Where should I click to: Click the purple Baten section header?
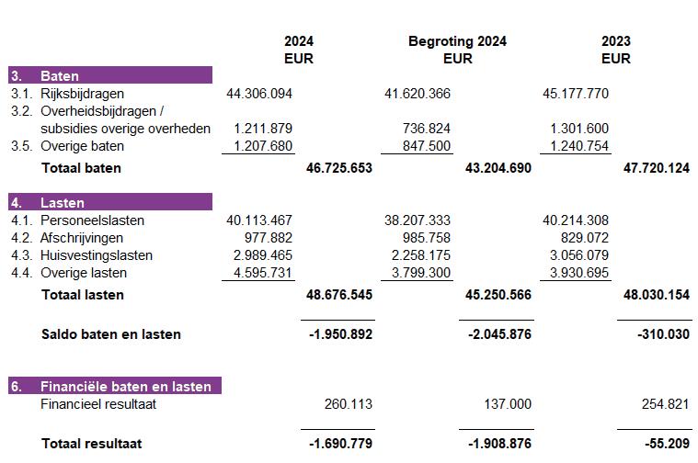point(110,75)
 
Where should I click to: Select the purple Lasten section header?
point(110,202)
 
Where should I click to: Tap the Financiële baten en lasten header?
point(115,386)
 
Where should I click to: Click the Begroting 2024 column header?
point(457,41)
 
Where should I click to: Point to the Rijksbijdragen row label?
point(82,93)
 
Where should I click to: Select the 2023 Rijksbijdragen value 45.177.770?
point(577,93)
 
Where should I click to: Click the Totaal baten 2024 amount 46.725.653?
point(338,168)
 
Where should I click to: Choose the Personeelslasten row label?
point(92,220)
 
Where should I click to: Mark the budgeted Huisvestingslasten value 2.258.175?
point(420,255)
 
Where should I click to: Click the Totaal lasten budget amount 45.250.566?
point(498,295)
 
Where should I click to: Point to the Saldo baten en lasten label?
point(110,334)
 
